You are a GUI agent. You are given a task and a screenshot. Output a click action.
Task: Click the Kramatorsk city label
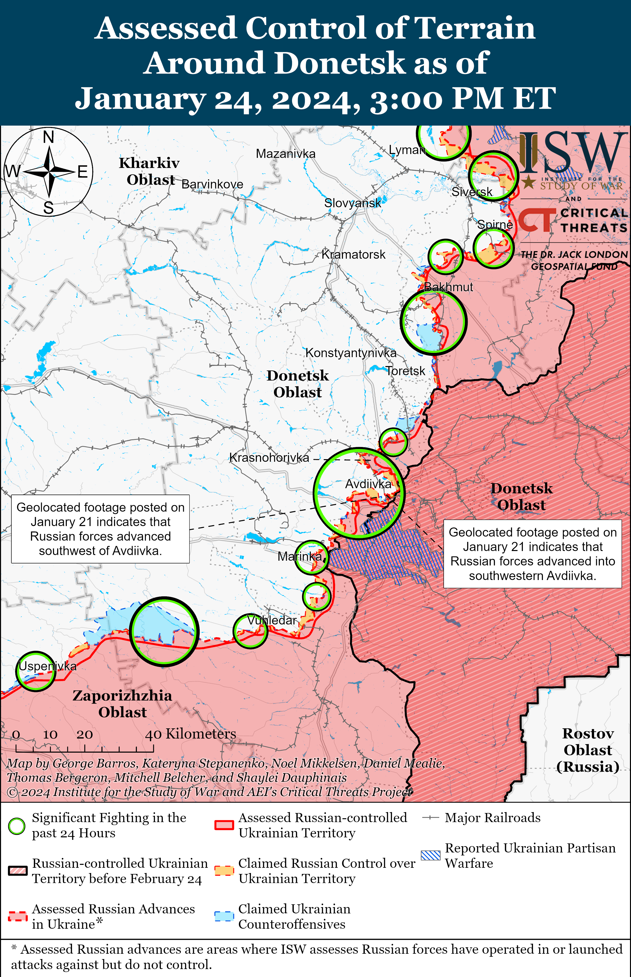pyautogui.click(x=353, y=255)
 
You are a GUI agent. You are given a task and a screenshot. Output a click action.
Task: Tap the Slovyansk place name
pyautogui.click(x=352, y=203)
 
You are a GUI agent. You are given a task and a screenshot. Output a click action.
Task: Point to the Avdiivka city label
pyautogui.click(x=368, y=484)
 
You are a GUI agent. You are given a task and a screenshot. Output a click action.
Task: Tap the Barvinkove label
pyautogui.click(x=212, y=185)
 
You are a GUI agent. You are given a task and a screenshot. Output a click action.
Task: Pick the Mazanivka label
pyautogui.click(x=286, y=154)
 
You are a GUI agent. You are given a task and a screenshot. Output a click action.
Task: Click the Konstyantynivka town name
pyautogui.click(x=351, y=353)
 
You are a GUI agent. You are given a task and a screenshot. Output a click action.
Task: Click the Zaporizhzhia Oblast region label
pyautogui.click(x=122, y=704)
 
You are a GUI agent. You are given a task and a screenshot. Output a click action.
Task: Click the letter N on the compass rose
pyautogui.click(x=48, y=137)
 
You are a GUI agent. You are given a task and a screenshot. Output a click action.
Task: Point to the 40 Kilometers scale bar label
pyautogui.click(x=191, y=734)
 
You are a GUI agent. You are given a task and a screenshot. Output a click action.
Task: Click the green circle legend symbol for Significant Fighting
pyautogui.click(x=17, y=826)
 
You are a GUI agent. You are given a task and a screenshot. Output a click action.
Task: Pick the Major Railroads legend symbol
pyautogui.click(x=431, y=818)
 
